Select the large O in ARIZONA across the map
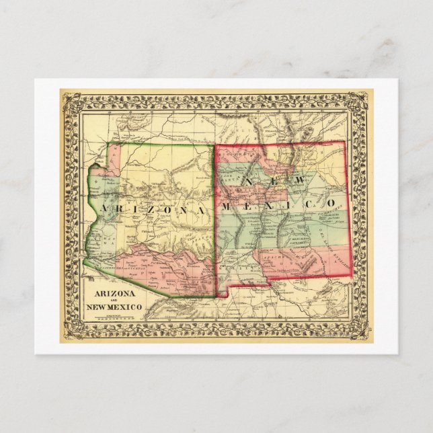click(166, 210)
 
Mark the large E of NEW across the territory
click(272, 182)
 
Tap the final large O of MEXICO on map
click(330, 203)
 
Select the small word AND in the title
click(112, 302)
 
